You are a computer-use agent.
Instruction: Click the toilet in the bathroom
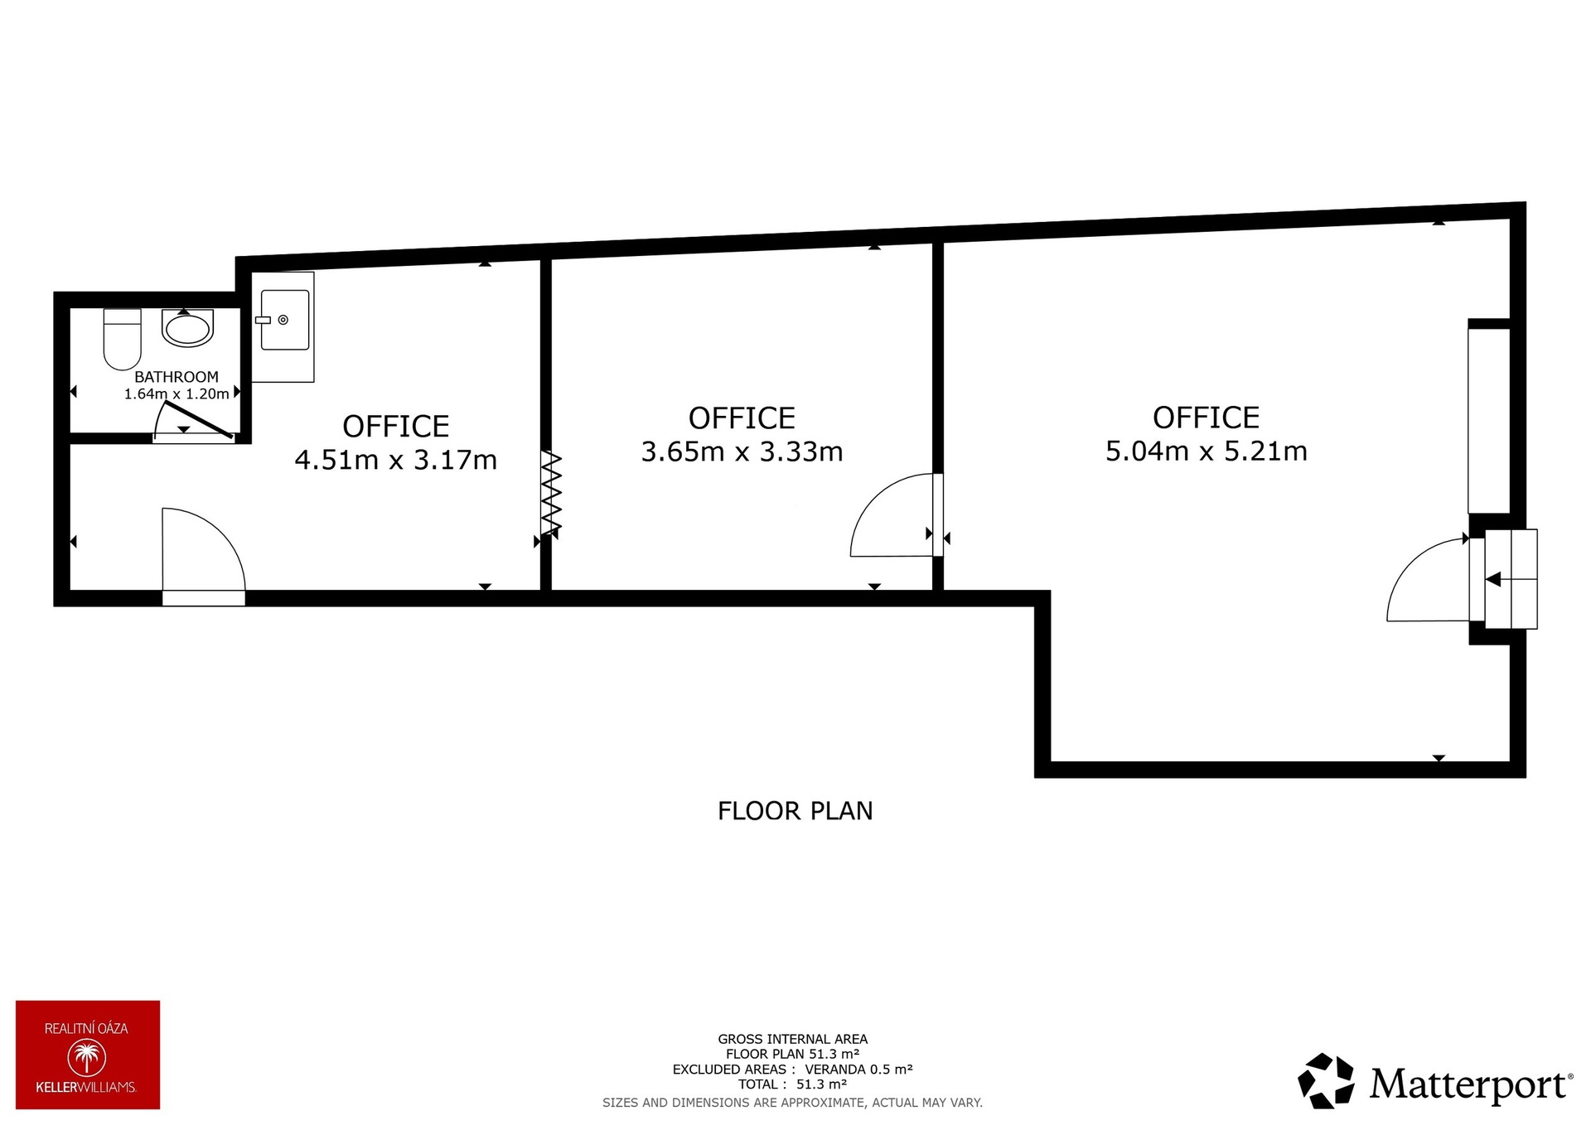[x=123, y=339]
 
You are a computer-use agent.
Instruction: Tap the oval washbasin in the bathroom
[x=188, y=328]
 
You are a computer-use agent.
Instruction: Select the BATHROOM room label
[x=177, y=377]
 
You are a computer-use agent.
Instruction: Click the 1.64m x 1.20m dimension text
[x=177, y=394]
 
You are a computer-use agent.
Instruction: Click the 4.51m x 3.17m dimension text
[x=396, y=460]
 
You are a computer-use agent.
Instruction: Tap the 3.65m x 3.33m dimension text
[x=742, y=451]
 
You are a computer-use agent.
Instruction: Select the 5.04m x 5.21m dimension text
[x=1207, y=451]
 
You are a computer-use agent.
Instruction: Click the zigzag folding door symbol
[x=551, y=493]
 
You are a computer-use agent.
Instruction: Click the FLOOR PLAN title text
[x=795, y=811]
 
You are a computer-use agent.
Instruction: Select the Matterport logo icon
[x=1326, y=1080]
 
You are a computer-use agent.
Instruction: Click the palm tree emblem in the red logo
[x=87, y=1059]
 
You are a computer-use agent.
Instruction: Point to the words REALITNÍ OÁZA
[x=86, y=1029]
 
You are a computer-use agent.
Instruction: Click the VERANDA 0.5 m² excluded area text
[x=858, y=1069]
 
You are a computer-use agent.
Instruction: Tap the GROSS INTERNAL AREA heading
[x=793, y=1039]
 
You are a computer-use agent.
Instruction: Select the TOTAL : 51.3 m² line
[x=793, y=1084]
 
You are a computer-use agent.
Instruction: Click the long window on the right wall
[x=1489, y=421]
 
